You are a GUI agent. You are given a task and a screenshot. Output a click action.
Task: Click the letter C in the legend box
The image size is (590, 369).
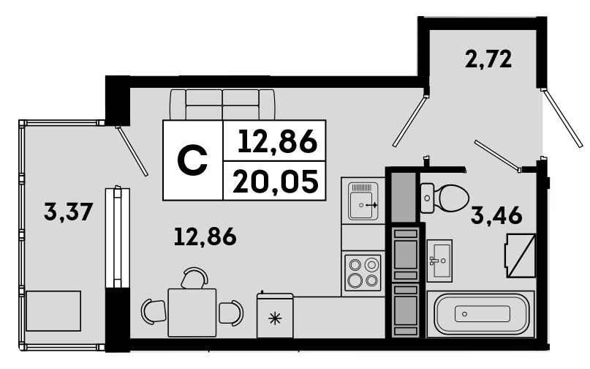click(192, 161)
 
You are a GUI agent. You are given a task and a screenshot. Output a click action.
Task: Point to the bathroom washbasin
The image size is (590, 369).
click(439, 258)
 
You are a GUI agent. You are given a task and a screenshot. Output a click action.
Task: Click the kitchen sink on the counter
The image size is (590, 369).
click(362, 201)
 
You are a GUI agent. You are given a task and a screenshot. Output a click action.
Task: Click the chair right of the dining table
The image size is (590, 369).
click(232, 313)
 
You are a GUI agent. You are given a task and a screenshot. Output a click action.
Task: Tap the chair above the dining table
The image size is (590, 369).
click(194, 278)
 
